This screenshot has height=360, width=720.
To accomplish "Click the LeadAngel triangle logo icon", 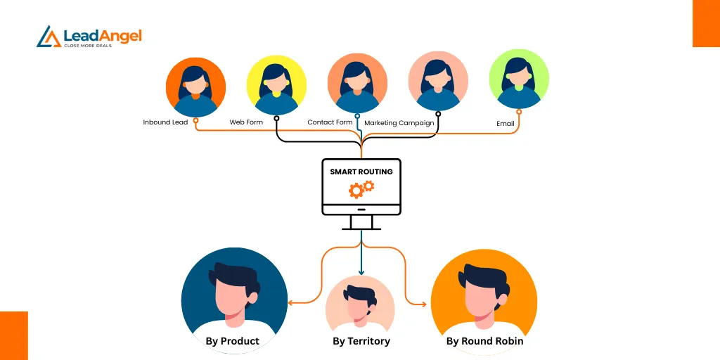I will coord(49,37).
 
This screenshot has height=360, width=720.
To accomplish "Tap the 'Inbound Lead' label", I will coord(166,122).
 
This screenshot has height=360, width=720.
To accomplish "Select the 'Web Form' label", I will coord(246,122).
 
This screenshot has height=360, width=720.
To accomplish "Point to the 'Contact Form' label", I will coord(330,122).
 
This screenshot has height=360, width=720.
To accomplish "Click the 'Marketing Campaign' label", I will coord(399,123).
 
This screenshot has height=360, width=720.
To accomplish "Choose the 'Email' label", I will coord(506,124).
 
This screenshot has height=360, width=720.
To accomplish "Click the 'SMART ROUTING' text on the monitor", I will coord(361,172).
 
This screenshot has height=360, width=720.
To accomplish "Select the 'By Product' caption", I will coord(233,341).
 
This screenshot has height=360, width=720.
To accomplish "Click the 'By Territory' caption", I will coord(361,341).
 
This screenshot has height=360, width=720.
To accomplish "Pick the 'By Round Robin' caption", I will coord(485,341).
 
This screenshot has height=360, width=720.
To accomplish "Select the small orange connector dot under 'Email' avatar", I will coord(519,111).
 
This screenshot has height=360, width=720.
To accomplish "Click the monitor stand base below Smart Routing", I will coord(361,227).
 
